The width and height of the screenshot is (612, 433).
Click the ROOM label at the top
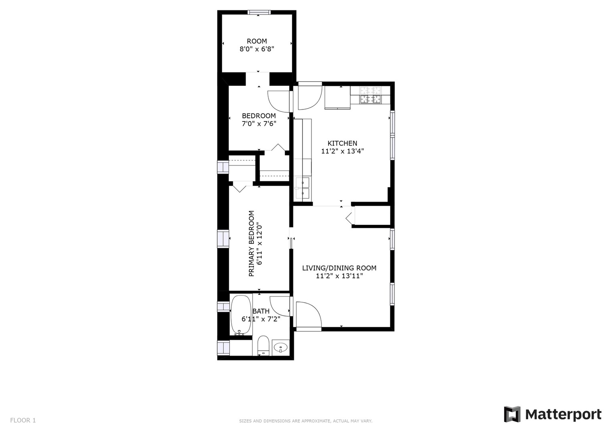point(257,41)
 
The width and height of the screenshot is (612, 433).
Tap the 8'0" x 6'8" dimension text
point(257,49)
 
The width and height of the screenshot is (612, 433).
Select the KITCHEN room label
point(342,143)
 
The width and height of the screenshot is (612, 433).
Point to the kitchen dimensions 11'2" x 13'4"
point(342,151)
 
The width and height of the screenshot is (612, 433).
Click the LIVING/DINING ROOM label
point(339,268)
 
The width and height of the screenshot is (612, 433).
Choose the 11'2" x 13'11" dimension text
point(339,276)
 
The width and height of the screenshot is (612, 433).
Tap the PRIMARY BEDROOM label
point(251,244)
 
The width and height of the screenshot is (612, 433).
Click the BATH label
point(261,311)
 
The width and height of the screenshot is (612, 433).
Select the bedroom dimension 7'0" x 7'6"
point(259,124)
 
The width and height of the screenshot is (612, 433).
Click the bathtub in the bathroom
point(241,315)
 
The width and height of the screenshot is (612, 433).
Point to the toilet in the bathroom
point(264,346)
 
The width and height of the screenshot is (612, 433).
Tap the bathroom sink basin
point(280,348)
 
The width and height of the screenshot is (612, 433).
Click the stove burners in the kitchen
point(370,95)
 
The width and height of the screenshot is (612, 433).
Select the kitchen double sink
point(303,188)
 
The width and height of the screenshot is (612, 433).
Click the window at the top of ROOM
point(259,12)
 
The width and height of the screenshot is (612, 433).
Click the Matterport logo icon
point(512,414)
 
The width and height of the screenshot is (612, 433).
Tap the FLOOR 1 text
point(23,420)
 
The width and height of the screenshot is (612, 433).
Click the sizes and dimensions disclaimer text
point(306,421)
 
